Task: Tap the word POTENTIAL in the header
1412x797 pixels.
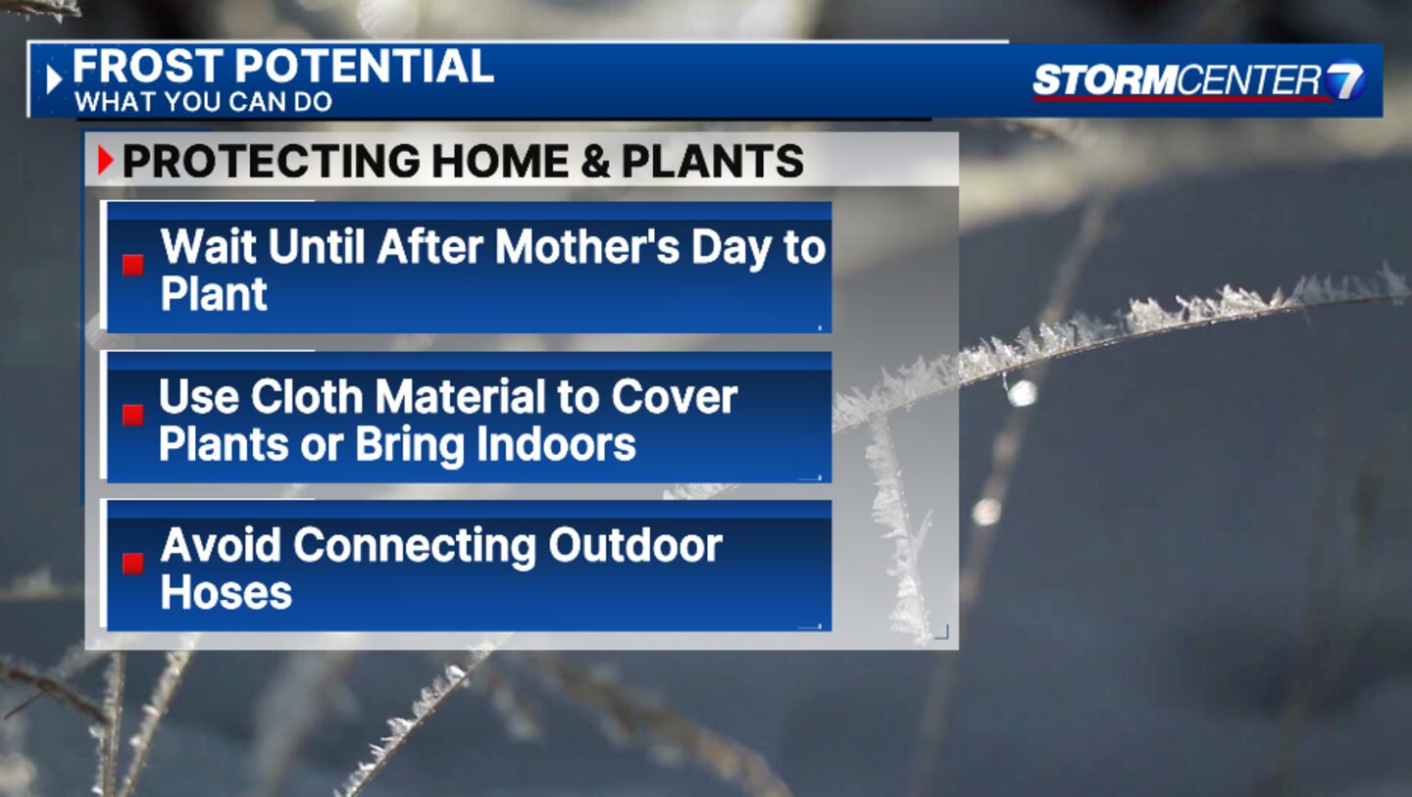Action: coord(365,66)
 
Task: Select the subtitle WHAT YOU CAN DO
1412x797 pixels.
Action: coord(203,102)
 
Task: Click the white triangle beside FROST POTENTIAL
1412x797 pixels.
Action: coord(54,79)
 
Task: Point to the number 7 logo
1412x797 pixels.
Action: coord(1344,80)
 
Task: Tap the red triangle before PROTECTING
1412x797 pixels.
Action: coord(105,161)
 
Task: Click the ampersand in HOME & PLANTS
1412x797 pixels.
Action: coord(595,162)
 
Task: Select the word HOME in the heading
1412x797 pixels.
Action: coord(500,162)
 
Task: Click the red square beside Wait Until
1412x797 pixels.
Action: coord(133,266)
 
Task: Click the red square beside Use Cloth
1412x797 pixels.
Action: coord(133,415)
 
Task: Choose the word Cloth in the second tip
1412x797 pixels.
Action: coord(307,397)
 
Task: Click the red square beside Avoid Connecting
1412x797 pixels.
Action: coord(133,564)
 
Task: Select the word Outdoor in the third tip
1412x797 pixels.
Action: coord(635,546)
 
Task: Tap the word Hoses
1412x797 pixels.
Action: coord(227,593)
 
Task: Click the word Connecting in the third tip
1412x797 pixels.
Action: coord(415,547)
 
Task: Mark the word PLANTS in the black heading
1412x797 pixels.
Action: coord(712,162)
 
